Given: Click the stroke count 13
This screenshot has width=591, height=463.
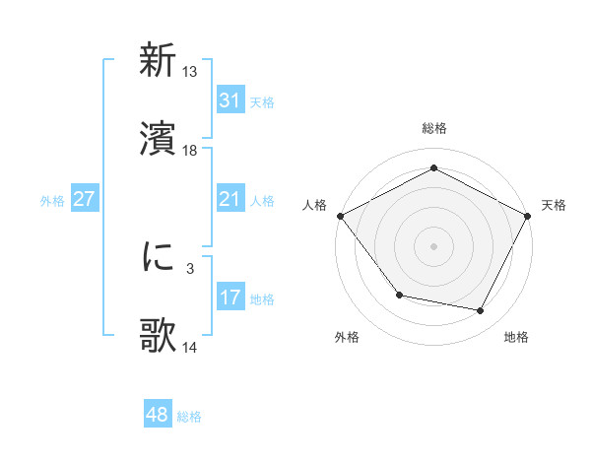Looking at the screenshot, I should pyautogui.click(x=190, y=72).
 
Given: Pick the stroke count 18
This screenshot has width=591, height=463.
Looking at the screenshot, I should pyautogui.click(x=190, y=150).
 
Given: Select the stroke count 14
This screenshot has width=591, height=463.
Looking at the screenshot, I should pyautogui.click(x=190, y=347).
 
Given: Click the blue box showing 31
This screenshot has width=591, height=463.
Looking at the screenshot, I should pyautogui.click(x=230, y=100).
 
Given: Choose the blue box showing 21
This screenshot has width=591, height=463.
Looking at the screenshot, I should pyautogui.click(x=230, y=200).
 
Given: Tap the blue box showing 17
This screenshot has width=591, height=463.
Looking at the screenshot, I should pyautogui.click(x=230, y=298).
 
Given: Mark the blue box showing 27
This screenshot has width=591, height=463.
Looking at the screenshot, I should pyautogui.click(x=84, y=199).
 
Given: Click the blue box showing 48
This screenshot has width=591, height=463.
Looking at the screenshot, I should pyautogui.click(x=157, y=415).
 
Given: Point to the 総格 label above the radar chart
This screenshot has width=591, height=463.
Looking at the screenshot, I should pyautogui.click(x=433, y=128).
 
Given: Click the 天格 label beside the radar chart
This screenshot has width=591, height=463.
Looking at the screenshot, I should pyautogui.click(x=555, y=205).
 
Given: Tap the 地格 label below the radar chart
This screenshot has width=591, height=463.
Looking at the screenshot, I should pyautogui.click(x=516, y=337).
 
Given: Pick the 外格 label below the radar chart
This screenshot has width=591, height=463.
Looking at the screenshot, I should pyautogui.click(x=347, y=337).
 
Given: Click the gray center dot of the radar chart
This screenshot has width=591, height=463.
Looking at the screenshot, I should pyautogui.click(x=433, y=245).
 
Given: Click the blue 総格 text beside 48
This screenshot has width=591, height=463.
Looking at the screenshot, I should pyautogui.click(x=189, y=417).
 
